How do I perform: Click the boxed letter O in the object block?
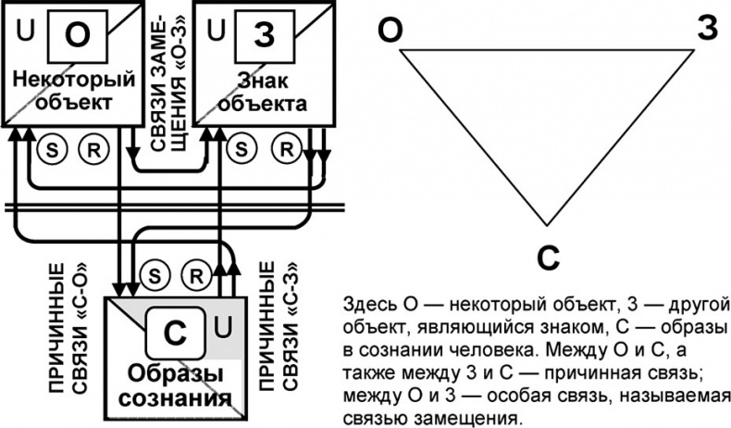click(x=79, y=35)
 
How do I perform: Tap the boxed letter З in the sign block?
click(x=263, y=35)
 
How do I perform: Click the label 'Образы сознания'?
click(x=178, y=388)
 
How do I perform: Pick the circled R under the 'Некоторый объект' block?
click(x=93, y=148)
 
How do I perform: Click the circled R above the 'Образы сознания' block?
click(x=196, y=275)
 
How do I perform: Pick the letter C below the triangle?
click(x=550, y=257)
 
